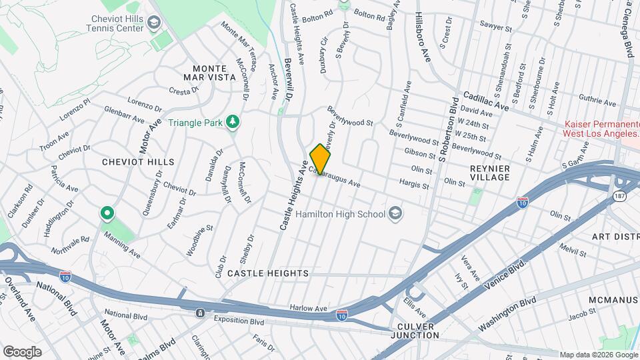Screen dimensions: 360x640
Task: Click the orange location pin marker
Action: click(x=321, y=159)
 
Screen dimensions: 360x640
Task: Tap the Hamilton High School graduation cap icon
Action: click(x=395, y=213)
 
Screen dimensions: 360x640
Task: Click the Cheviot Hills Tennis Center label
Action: click(x=117, y=24)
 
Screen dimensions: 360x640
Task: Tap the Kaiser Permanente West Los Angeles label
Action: click(x=602, y=129)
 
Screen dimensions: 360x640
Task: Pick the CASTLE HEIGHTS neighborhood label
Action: click(x=267, y=273)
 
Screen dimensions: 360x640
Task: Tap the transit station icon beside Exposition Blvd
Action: click(x=200, y=313)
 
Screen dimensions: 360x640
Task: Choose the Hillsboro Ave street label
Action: click(x=423, y=37)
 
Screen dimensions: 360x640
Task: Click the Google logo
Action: click(x=22, y=351)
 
